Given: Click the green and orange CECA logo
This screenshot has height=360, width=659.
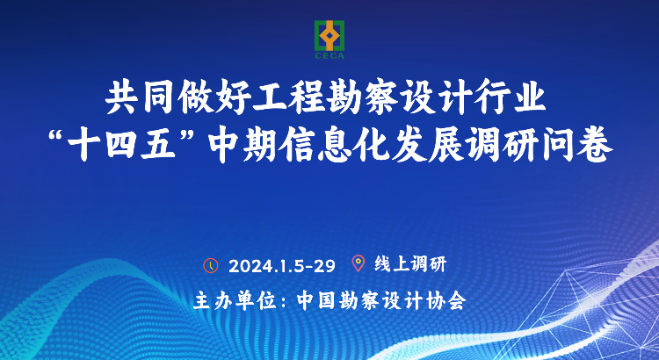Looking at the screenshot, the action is [x=329, y=40].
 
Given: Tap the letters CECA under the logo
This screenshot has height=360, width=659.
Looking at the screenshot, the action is [x=329, y=55].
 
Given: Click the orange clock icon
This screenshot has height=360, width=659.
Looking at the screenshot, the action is [x=211, y=265].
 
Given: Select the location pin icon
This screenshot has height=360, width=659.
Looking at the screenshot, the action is [x=358, y=263].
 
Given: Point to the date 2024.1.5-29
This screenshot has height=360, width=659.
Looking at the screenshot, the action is [x=282, y=265].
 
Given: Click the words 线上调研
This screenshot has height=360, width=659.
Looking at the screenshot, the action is [x=409, y=264].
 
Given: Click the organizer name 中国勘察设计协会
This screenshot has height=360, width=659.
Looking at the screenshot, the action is [x=381, y=301].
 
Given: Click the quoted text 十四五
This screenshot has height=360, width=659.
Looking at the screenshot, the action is [x=121, y=148].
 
